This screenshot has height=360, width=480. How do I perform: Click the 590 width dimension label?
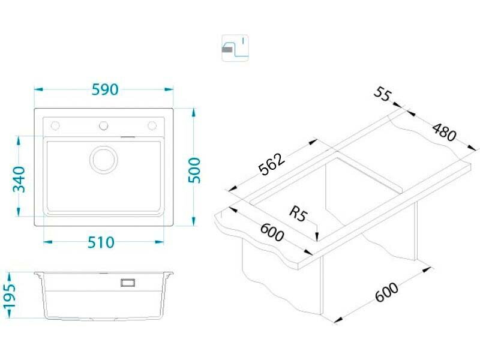(105, 89)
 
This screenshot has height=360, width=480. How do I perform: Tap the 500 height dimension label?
(194, 170)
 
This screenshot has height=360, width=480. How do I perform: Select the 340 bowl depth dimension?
(19, 179)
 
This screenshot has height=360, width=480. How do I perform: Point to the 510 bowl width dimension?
(101, 242)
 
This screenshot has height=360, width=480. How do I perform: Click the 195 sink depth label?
(9, 296)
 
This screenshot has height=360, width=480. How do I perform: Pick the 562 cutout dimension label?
(272, 164)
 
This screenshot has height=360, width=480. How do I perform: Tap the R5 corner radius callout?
(298, 214)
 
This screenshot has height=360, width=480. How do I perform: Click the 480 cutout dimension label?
(444, 132)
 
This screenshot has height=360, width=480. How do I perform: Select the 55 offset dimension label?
(382, 94)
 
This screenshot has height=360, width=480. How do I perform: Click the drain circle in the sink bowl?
(104, 159)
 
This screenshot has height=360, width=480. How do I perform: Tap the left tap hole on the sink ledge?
(55, 125)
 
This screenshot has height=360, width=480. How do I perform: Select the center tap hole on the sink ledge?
(103, 125)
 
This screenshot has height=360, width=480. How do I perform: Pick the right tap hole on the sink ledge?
(152, 125)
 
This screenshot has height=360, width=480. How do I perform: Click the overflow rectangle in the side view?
(128, 283)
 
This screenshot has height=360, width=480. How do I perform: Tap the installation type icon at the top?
(235, 48)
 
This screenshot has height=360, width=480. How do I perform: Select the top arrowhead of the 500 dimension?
(194, 113)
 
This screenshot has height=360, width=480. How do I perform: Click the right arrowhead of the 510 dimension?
(159, 242)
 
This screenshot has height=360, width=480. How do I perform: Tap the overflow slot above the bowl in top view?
(128, 137)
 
